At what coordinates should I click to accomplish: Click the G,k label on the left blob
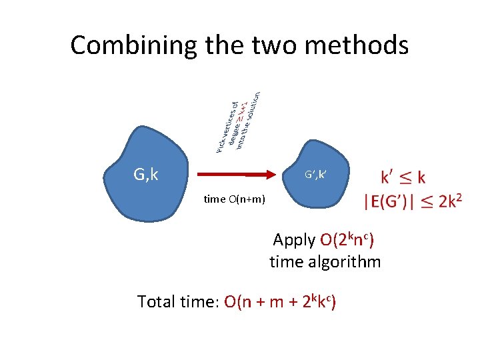(145, 175)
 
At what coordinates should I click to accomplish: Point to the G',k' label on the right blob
(315, 175)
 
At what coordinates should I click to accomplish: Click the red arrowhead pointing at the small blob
(269, 175)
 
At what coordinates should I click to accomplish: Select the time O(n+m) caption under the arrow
(234, 199)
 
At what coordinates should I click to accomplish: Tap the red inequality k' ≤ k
(403, 177)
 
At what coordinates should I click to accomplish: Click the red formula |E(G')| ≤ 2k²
(412, 201)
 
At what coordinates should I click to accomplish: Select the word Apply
(295, 239)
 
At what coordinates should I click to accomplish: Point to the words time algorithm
(325, 262)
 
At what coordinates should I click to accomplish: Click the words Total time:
(178, 302)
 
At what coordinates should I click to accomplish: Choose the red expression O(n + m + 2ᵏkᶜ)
(280, 302)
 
